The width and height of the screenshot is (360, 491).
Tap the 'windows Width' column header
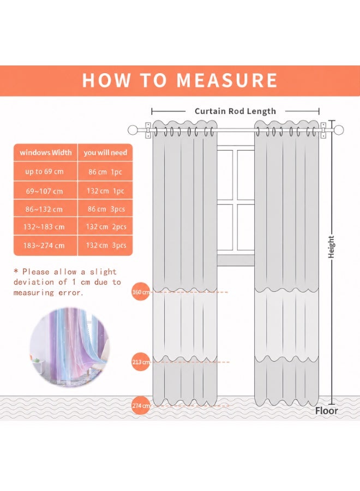click(46, 153)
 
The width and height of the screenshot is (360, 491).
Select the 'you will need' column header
click(105, 153)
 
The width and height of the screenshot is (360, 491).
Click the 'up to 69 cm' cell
click(44, 172)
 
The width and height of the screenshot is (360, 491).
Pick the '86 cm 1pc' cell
click(105, 172)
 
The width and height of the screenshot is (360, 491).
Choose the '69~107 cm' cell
click(44, 191)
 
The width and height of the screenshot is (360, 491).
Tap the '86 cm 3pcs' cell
click(106, 209)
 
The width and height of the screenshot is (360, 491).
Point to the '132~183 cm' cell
click(44, 227)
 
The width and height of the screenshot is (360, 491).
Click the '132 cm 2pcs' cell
click(106, 227)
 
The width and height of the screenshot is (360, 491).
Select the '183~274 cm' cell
click(44, 245)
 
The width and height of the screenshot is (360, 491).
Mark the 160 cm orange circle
click(141, 292)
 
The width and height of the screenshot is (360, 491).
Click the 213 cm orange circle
click(141, 362)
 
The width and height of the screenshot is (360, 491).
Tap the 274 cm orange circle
click(141, 405)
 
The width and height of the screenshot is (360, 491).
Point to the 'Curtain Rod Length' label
click(236, 111)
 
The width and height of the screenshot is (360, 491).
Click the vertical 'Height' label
click(331, 247)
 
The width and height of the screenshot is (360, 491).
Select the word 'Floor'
click(327, 410)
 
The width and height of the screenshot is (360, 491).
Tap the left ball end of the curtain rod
click(133, 130)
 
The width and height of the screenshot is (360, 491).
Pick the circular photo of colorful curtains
click(70, 347)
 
